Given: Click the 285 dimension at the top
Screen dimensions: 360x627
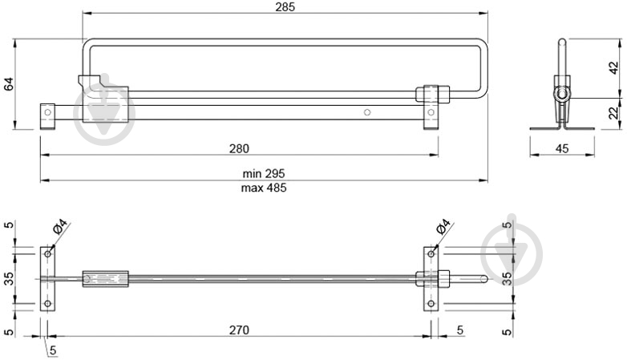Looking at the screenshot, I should pos(285,7).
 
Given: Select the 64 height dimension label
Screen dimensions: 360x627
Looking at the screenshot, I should pos(9,83).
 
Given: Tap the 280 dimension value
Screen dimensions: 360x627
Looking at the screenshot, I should pos(239,148).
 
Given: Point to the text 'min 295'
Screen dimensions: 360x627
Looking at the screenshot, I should pos(264,173).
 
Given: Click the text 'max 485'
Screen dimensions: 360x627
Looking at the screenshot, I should pos(264,188).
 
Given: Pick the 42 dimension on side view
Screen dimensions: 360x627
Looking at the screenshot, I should pos(613,68).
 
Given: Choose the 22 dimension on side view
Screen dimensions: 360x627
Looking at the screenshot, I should pos(613,113).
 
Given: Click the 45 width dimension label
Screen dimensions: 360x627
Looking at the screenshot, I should pos(562,148).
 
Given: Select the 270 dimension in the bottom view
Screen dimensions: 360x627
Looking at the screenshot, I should pos(239,330).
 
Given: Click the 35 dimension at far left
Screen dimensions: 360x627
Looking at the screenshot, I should pos(9,279).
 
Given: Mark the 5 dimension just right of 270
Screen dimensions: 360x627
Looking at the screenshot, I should pos(459,330).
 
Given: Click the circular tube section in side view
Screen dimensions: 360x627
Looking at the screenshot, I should pos(562,94).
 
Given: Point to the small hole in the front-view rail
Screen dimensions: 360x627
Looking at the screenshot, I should pos(366,112).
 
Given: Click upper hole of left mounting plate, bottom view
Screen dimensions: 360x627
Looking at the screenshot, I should pos(47,254).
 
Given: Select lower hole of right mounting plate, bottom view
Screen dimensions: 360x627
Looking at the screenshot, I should pos(431,304).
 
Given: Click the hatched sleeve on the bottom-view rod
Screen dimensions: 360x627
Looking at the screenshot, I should pos(105,279).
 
